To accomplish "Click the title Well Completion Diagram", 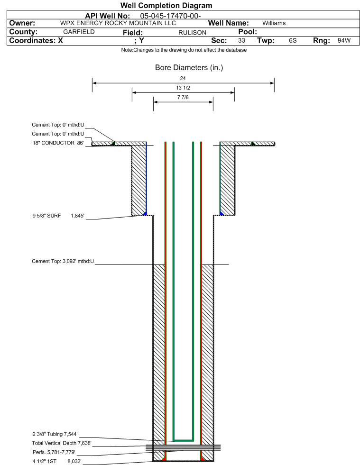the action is [166, 5].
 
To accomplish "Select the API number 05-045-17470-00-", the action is [170, 16].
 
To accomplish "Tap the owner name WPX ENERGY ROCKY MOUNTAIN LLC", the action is [118, 23].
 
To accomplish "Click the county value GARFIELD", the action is [79, 32].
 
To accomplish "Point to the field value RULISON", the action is [192, 33].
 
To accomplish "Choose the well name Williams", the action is [274, 23].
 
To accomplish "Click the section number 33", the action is [241, 40].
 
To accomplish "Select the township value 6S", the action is [293, 40].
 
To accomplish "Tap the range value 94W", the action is [344, 40].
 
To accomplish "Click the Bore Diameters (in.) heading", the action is [189, 68].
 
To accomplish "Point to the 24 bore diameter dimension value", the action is [183, 78].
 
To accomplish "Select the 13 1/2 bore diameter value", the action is [183, 88].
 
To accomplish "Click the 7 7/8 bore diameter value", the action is [183, 97].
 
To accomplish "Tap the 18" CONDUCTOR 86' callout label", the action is [58, 143].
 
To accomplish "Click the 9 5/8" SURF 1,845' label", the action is [58, 216].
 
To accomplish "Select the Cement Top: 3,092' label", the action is [63, 261].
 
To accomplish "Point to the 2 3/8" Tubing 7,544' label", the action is [55, 434].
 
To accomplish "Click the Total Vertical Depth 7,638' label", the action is [62, 443].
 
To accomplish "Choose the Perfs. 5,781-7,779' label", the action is [54, 452].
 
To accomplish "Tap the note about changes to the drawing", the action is [184, 50].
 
